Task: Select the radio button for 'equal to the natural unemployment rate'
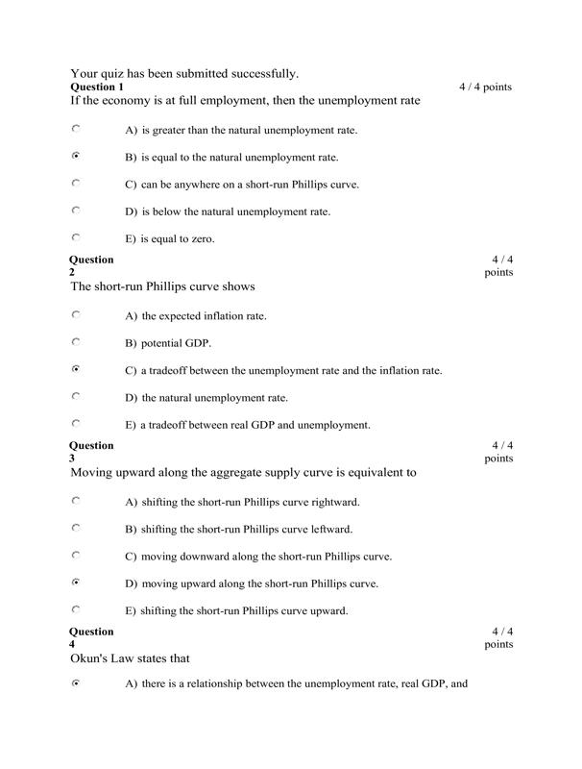pos(76,155)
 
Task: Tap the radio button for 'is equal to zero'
pos(76,236)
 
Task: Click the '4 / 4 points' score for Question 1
pos(485,87)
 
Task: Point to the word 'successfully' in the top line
pos(259,73)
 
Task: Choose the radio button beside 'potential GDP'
pos(76,341)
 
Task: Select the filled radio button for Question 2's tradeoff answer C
pos(76,368)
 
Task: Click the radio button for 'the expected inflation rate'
pos(76,314)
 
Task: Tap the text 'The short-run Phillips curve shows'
pos(162,286)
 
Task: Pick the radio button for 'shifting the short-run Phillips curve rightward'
pos(76,501)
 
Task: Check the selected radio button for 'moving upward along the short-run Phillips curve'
pos(76,582)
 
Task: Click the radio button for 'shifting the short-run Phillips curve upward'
pos(76,608)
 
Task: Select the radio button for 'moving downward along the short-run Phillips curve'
pos(76,555)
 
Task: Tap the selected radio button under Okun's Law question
pos(76,683)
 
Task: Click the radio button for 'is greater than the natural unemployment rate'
pos(76,128)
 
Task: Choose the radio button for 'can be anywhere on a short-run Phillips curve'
pos(76,183)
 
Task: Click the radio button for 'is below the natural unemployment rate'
pos(76,210)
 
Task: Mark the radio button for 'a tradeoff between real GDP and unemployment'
pos(76,423)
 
